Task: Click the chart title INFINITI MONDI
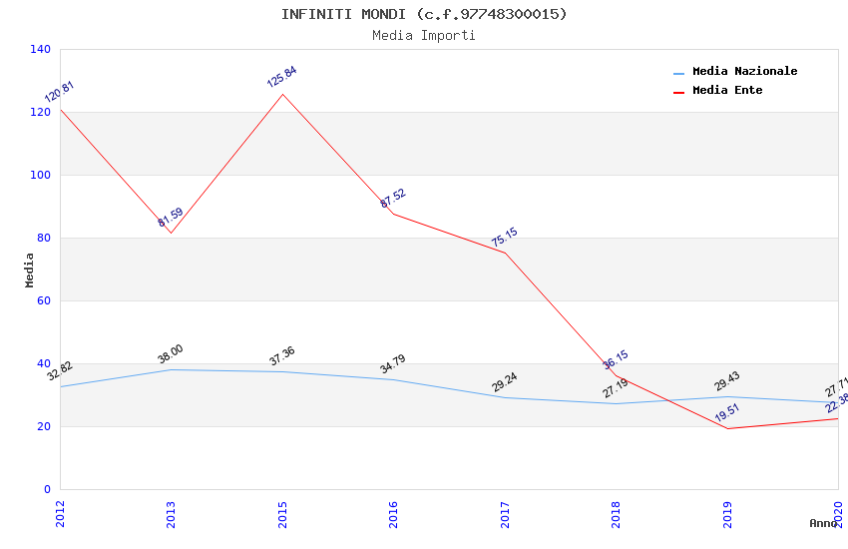(423, 14)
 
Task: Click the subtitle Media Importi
(423, 36)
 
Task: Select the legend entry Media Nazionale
(744, 72)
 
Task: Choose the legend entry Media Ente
(727, 91)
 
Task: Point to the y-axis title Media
(30, 270)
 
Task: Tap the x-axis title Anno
(823, 523)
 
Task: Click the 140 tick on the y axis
(41, 49)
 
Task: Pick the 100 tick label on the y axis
(41, 175)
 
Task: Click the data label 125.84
(281, 77)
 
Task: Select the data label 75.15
(504, 238)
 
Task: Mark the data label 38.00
(171, 354)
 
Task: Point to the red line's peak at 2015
(282, 94)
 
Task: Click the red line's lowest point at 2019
(727, 428)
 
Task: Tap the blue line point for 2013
(172, 369)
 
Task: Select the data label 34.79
(393, 364)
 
